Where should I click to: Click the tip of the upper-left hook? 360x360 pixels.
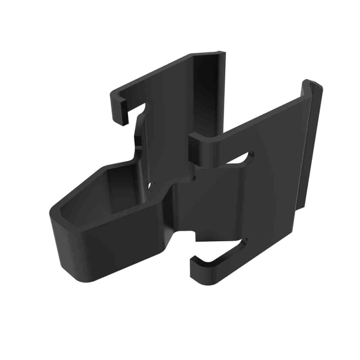pyautogui.click(x=120, y=117)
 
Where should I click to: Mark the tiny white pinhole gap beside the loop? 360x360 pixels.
pyautogui.click(x=150, y=184)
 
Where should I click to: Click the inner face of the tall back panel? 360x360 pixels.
pyautogui.click(x=206, y=93)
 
